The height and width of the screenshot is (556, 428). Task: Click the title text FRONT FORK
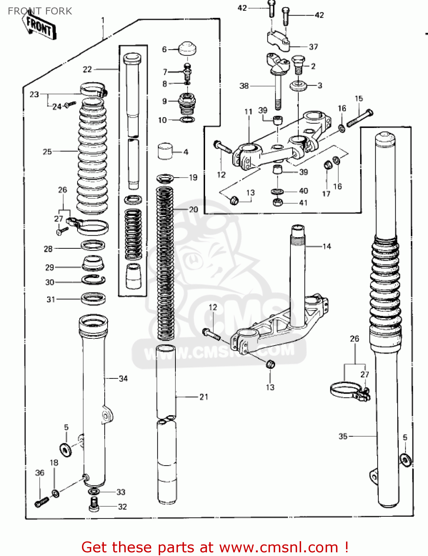point(40,11)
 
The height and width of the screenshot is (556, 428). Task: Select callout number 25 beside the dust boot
point(47,152)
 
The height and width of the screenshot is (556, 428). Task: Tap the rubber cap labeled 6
point(187,49)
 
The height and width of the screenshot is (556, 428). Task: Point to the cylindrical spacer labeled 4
point(165,151)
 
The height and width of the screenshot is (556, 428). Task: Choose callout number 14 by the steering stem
point(326,246)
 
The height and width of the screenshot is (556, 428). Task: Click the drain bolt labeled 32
point(94,505)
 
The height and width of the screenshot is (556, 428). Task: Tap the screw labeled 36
point(42,502)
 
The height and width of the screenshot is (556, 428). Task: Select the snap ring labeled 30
point(93,280)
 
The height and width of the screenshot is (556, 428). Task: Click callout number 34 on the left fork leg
point(123,378)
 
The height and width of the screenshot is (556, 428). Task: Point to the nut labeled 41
point(277,202)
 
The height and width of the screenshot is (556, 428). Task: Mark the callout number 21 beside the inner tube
point(204,397)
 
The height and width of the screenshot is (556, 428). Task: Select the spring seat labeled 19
point(165,178)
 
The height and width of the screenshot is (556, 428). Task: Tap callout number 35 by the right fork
point(343,436)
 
